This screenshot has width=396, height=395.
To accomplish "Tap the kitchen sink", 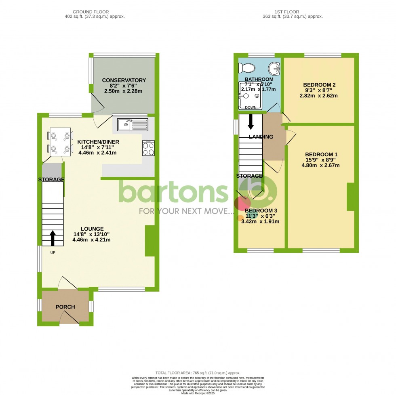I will (133, 124).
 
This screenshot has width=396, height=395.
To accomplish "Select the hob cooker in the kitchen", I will (148, 148).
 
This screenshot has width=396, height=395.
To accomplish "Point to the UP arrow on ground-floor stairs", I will (53, 238).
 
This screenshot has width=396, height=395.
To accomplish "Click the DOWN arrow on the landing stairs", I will (251, 120).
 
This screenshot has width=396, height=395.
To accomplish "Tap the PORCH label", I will (65, 307).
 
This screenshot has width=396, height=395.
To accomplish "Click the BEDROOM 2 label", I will (320, 85).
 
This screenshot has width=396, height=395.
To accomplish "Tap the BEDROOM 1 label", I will (321, 154).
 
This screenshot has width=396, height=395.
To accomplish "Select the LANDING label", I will (261, 137).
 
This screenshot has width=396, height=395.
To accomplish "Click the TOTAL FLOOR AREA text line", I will (198, 373).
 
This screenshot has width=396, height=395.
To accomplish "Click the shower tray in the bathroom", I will (251, 96).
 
